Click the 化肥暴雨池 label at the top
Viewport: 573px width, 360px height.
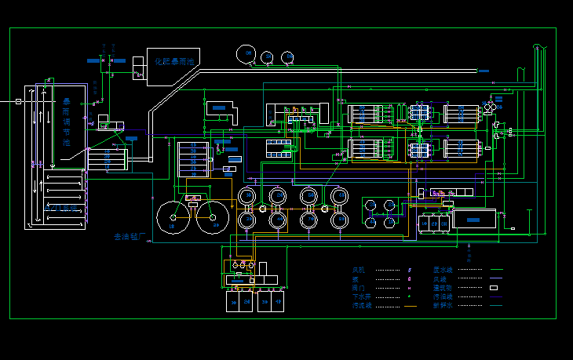[174, 61]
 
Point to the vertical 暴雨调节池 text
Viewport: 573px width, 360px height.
[67, 122]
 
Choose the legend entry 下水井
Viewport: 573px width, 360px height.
[360, 297]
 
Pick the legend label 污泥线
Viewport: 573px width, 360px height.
[360, 306]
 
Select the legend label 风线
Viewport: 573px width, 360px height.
[439, 279]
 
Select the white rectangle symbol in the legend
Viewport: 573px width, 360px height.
[495, 288]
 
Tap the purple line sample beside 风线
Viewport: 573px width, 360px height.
[496, 279]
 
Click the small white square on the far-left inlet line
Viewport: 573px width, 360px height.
[18, 101]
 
